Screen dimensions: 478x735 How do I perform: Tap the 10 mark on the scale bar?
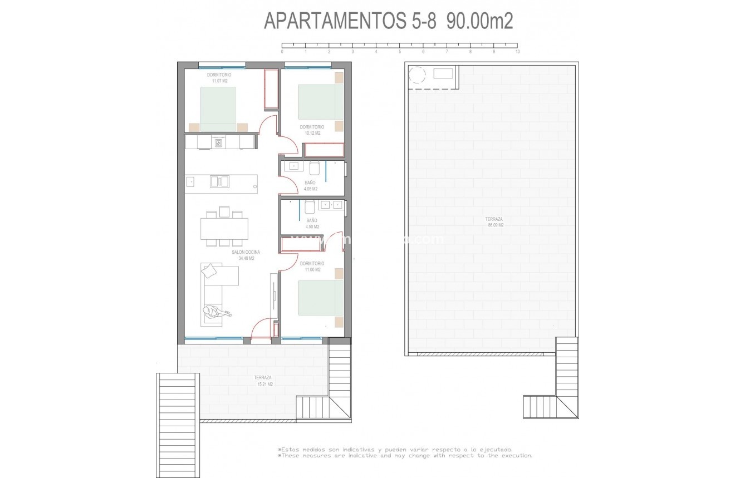pos(517,51)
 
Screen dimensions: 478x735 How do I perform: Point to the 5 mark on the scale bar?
pos(400,51)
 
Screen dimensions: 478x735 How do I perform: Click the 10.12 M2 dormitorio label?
pos(312,130)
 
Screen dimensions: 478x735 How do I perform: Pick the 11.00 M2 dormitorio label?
pos(312,267)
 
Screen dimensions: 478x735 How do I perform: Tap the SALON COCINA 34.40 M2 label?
pos(246,255)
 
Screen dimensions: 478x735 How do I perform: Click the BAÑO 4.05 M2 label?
pos(311,186)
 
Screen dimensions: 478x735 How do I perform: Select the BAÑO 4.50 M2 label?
pos(312,224)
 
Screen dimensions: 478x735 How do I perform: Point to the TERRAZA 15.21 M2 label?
pos(263,381)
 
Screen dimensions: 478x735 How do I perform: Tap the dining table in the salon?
pos(224,228)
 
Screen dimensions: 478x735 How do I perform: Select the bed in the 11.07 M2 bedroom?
pos(218,109)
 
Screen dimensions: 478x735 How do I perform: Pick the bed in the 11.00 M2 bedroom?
pos(321,297)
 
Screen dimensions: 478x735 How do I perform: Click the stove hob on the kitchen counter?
pos(219,143)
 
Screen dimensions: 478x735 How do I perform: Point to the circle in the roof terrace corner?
pos(416,75)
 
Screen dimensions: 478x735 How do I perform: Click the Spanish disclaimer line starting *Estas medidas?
pos(395,449)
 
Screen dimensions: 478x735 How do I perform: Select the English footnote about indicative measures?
pos(405,455)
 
